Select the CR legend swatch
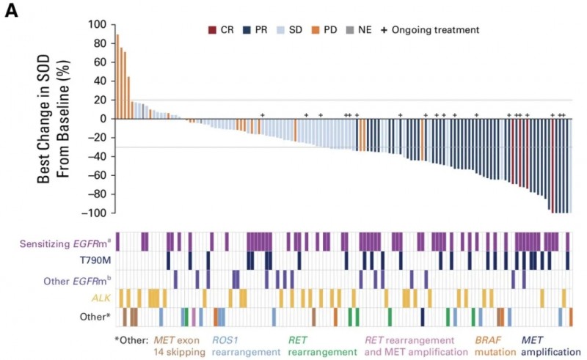tap(212, 30)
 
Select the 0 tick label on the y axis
tap(102, 119)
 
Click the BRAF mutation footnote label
tap(491, 346)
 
